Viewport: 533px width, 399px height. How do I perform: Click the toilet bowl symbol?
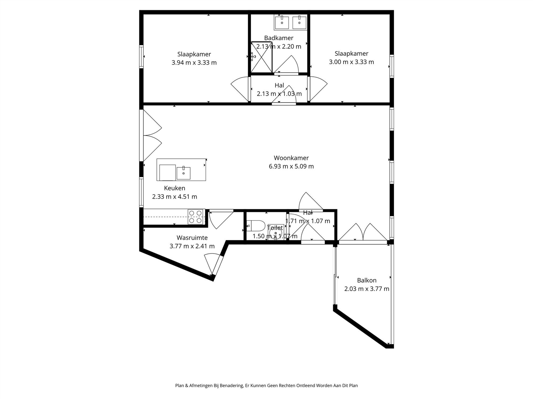tap(256, 226)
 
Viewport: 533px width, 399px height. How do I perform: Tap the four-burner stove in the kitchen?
tap(195, 217)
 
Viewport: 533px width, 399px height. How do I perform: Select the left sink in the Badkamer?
tap(282, 22)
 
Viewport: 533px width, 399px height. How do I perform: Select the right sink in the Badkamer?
tap(299, 22)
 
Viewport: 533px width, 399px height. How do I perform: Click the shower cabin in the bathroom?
tap(261, 57)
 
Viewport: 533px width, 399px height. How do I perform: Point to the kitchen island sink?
tap(183, 173)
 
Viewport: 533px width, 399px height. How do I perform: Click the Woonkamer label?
tap(291, 158)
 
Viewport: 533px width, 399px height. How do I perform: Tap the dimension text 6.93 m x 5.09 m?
tap(291, 167)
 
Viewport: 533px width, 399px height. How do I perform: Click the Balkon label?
tap(366, 280)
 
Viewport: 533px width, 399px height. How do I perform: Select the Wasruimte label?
tap(192, 238)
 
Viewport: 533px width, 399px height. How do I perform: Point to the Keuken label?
tap(175, 188)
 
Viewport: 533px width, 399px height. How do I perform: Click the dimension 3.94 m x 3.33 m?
tap(194, 63)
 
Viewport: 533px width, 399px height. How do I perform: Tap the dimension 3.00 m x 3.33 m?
tap(351, 62)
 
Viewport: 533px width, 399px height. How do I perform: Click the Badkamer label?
tap(278, 38)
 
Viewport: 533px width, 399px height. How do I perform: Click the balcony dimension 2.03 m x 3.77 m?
tap(366, 289)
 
